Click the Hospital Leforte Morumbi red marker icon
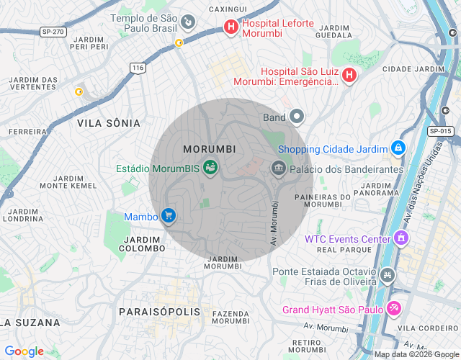click(230, 27)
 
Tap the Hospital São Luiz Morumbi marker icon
click(349, 75)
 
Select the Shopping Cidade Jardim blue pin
click(398, 148)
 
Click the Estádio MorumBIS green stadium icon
click(210, 168)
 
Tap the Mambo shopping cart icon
click(169, 215)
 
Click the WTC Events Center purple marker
click(401, 238)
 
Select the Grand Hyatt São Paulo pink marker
click(393, 309)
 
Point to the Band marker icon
click(297, 117)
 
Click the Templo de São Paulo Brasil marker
click(188, 22)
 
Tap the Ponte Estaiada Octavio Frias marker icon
click(388, 275)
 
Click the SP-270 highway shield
click(53, 32)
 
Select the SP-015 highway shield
click(439, 131)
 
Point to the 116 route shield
click(138, 67)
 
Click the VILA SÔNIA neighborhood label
click(108, 123)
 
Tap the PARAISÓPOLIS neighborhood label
click(159, 312)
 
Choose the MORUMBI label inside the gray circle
click(210, 149)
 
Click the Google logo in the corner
click(24, 351)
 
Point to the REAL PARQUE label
click(337, 250)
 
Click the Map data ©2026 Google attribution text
click(416, 354)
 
